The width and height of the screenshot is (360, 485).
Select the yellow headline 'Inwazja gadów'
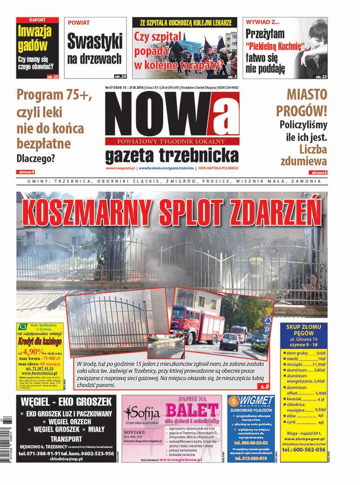point(34,39)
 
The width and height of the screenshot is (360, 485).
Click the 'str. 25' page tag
point(52,76)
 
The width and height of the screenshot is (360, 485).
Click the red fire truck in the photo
point(197,323)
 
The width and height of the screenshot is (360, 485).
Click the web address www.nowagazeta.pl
point(120,168)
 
